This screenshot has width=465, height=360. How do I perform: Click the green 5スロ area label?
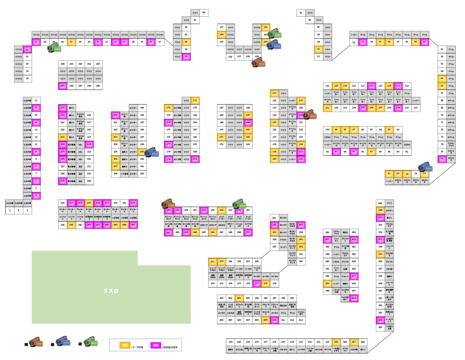[x=112, y=291]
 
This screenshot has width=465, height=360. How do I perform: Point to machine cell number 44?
[x=204, y=13]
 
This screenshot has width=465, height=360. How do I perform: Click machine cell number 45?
[x=301, y=13]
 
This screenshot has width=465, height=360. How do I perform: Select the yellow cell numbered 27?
[x=71, y=42]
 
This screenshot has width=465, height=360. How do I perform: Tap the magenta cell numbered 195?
[x=62, y=86]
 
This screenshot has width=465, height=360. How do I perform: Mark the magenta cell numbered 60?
[x=425, y=42]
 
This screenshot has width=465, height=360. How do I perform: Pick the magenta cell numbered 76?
[x=442, y=159]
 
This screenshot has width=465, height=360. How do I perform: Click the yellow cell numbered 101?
[x=327, y=107]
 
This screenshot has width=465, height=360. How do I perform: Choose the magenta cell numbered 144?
[x=248, y=122]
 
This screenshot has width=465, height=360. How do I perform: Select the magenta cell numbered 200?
[x=115, y=114]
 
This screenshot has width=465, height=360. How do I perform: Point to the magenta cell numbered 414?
[x=354, y=298]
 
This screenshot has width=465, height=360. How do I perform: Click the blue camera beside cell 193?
[x=152, y=153]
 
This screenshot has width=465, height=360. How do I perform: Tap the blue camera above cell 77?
[x=425, y=167]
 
